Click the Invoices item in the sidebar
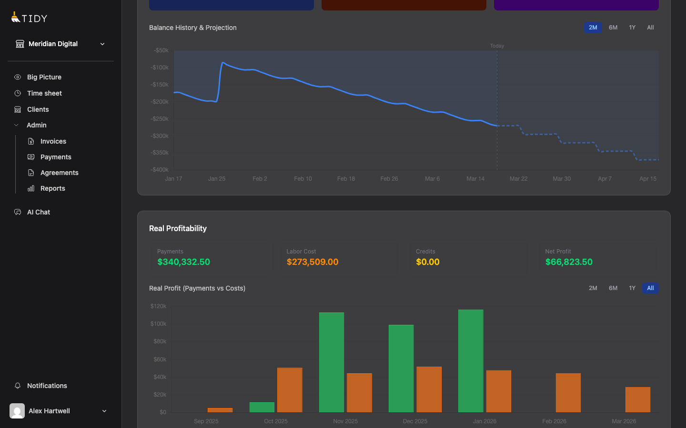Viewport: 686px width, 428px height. [53, 141]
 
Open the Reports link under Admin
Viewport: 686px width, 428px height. [52, 188]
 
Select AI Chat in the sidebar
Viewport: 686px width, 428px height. [38, 212]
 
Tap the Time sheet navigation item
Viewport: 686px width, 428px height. [44, 93]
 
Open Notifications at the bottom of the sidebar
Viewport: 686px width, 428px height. [47, 386]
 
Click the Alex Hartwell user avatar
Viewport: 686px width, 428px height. [17, 411]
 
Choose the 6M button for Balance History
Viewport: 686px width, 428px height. [613, 28]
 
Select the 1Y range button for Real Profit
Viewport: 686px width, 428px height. [632, 288]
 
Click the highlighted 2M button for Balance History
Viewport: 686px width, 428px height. [593, 28]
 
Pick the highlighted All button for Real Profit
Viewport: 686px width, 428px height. [650, 288]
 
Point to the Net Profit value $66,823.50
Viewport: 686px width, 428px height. [569, 262]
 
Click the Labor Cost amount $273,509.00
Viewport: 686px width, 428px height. [313, 262]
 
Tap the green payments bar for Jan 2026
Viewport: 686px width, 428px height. [471, 361]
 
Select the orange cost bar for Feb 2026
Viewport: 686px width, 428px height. [568, 393]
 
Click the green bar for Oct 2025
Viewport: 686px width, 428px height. [262, 408]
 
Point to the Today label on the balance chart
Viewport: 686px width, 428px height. [497, 46]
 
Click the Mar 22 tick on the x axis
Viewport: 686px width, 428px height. [518, 179]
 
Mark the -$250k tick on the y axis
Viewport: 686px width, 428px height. [160, 119]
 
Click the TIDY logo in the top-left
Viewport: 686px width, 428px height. [29, 18]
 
